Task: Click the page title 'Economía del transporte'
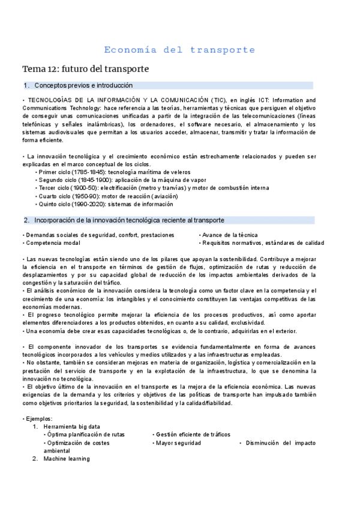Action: [179, 50]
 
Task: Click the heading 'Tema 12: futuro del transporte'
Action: [85, 69]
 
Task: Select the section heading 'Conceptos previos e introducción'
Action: [83, 86]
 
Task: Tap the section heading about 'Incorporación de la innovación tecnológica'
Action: [129, 220]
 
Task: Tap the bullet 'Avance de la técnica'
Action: [230, 235]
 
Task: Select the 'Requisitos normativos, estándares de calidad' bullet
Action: [263, 243]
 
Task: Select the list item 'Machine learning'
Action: [67, 459]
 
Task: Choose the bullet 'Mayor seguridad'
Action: [178, 442]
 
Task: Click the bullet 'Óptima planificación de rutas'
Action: [86, 434]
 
